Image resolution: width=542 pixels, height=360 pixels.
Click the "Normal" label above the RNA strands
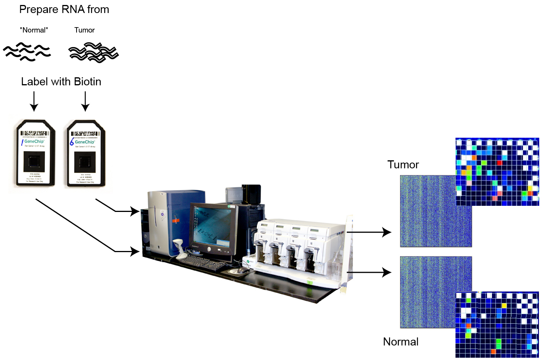34,30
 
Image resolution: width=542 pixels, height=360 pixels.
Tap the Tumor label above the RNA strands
85,30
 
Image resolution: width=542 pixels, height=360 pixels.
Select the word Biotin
88,82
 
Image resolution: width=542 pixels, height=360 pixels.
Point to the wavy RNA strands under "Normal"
27,52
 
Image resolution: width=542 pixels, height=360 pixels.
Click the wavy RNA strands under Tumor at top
93,52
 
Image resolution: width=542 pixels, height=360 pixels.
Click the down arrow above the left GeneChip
34,101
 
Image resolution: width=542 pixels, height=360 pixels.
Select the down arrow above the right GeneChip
85,101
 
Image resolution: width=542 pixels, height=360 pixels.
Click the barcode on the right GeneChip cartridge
85,134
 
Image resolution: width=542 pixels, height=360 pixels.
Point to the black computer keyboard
203,262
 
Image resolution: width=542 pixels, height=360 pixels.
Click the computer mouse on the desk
243,270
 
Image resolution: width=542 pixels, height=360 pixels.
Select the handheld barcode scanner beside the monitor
179,247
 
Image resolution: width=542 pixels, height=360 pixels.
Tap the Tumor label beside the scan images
403,165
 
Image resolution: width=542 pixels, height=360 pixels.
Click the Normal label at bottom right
401,342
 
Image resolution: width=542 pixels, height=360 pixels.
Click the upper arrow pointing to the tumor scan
369,232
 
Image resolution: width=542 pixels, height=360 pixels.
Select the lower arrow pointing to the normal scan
369,272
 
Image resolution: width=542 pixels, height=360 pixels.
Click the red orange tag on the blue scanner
175,220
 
